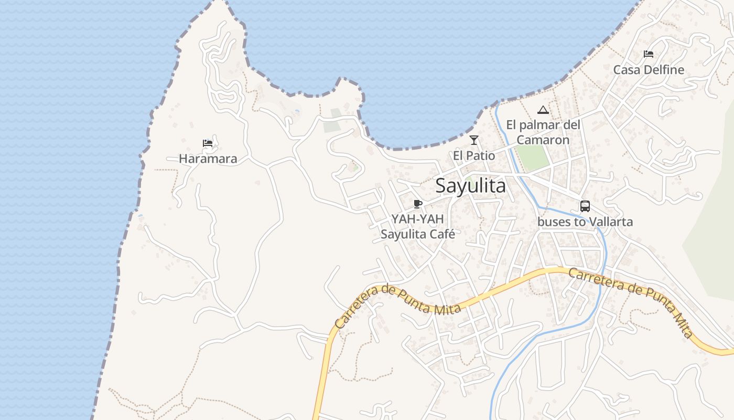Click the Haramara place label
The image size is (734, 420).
pyautogui.click(x=208, y=159)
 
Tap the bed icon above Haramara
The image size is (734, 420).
pyautogui.click(x=208, y=143)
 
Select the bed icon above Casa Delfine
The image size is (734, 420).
pyautogui.click(x=649, y=54)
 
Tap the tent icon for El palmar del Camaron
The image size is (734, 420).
pyautogui.click(x=543, y=110)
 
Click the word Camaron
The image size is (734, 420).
pyautogui.click(x=543, y=140)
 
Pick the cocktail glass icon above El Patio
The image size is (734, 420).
pyautogui.click(x=474, y=140)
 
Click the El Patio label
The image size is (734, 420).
pyautogui.click(x=474, y=156)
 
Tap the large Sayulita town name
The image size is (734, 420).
pyautogui.click(x=471, y=186)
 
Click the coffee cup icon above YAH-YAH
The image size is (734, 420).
pyautogui.click(x=418, y=204)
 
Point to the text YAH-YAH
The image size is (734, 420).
pyautogui.click(x=417, y=219)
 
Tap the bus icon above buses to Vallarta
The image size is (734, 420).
pyautogui.click(x=585, y=206)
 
